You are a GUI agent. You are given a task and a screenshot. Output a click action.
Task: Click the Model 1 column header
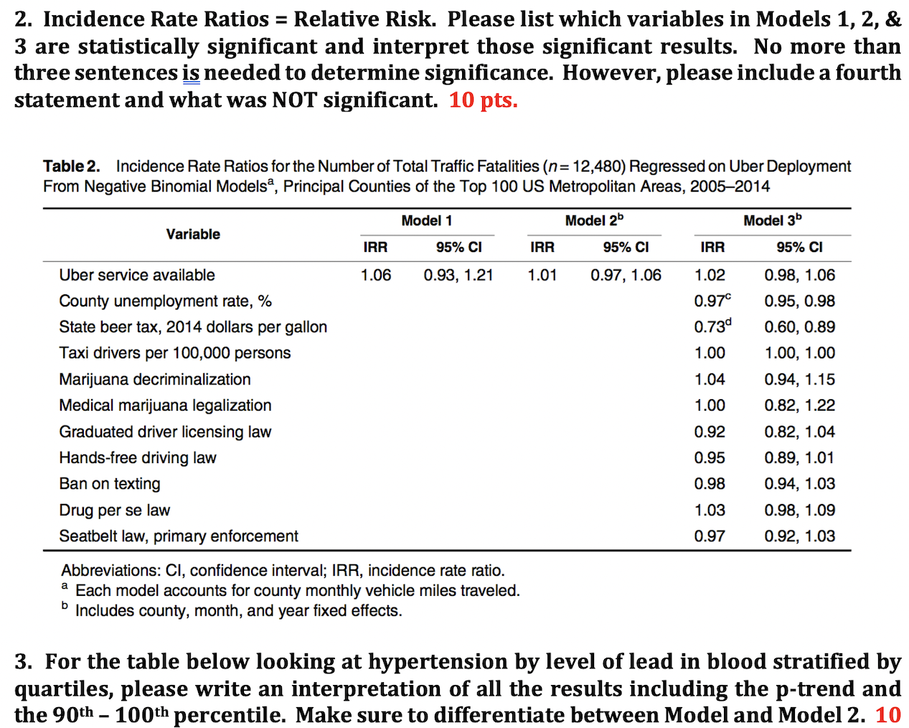tap(426, 220)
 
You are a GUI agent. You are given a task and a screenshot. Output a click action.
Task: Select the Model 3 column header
tap(772, 220)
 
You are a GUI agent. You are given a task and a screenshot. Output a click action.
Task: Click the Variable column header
tap(193, 234)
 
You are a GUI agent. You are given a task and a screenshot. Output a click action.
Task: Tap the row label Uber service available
tap(137, 275)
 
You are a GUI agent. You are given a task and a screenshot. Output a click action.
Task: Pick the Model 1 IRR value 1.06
tap(375, 275)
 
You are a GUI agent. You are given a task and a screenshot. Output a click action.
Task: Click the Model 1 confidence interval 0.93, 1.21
tap(458, 275)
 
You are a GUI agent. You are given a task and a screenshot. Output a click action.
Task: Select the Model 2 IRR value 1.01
tap(542, 275)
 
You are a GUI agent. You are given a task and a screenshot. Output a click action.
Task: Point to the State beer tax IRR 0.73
tap(710, 327)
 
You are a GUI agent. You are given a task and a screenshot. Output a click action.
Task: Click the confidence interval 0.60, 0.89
tap(799, 327)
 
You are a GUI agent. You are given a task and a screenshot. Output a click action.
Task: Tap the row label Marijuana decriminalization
tap(155, 379)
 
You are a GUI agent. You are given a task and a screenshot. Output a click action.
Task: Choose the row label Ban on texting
tap(110, 484)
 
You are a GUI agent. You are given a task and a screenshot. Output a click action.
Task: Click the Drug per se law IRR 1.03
tap(710, 510)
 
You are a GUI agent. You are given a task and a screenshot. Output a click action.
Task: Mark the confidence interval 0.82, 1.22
tap(799, 405)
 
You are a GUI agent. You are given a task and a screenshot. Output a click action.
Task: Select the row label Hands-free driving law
tap(138, 457)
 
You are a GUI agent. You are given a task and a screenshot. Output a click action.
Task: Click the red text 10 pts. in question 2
tap(483, 100)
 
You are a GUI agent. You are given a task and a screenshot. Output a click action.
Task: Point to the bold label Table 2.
tap(71, 167)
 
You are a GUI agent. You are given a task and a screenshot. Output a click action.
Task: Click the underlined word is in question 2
tap(191, 73)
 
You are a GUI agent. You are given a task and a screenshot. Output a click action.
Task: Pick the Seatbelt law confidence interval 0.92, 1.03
tap(799, 536)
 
